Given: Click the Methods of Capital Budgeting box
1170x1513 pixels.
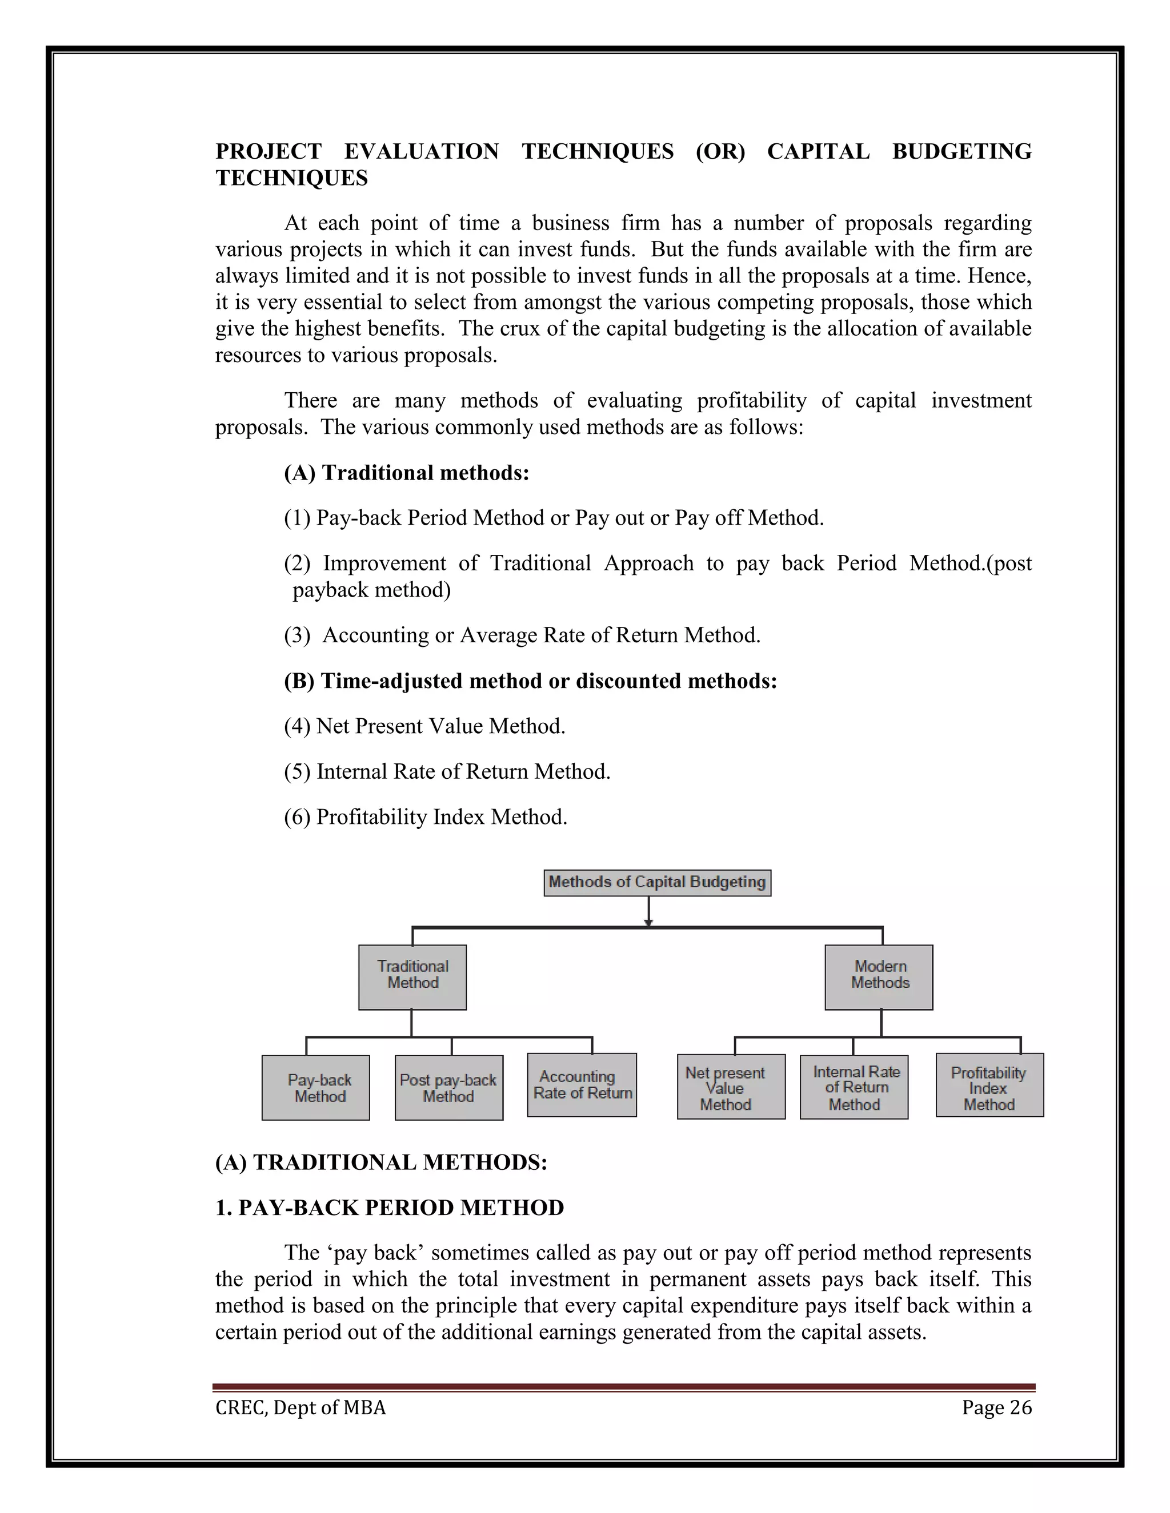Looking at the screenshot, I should pyautogui.click(x=657, y=883).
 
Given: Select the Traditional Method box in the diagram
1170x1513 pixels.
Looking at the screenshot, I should pyautogui.click(x=412, y=977).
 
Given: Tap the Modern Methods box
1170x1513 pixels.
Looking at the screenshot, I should pyautogui.click(x=879, y=977).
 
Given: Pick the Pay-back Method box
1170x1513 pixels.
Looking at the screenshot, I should pyautogui.click(x=315, y=1088).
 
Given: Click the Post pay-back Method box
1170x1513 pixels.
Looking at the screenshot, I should pyautogui.click(x=449, y=1088).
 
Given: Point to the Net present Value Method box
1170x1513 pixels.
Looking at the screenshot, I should pyautogui.click(x=731, y=1087).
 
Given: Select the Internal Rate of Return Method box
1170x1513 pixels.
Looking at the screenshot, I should pyautogui.click(x=854, y=1087).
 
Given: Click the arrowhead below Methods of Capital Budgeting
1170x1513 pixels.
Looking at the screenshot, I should pyautogui.click(x=648, y=922).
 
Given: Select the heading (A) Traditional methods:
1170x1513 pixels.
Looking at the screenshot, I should pyautogui.click(x=406, y=473).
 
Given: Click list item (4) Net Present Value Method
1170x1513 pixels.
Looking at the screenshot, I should pyautogui.click(x=424, y=726).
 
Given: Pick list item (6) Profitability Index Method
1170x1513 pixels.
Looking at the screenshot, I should pyautogui.click(x=426, y=817).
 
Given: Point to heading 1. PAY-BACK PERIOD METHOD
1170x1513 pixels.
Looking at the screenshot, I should pyautogui.click(x=390, y=1208).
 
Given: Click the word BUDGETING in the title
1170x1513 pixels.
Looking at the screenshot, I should pyautogui.click(x=961, y=151).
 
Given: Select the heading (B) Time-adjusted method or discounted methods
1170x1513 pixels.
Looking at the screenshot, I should pyautogui.click(x=530, y=681).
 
